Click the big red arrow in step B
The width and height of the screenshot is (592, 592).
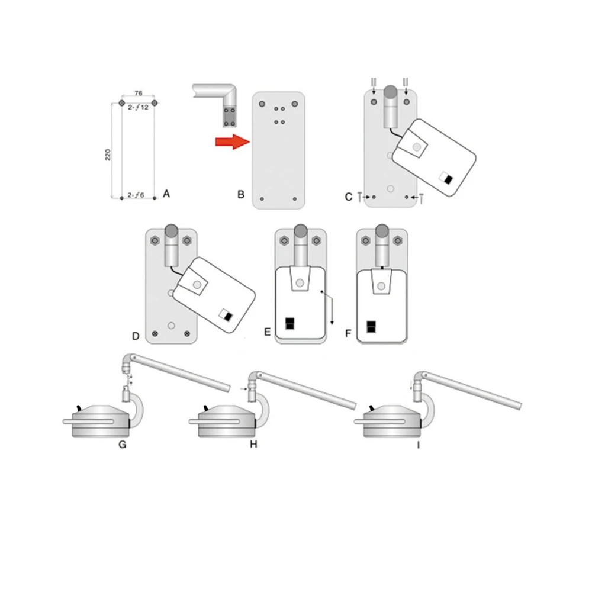233,141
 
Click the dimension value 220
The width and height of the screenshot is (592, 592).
108,155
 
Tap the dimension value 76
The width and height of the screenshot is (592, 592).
138,93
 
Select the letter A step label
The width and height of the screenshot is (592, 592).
166,194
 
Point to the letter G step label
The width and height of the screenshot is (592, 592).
123,445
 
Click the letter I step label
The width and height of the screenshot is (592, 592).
419,445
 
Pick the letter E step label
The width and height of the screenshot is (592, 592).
268,332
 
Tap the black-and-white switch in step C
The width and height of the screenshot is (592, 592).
446,178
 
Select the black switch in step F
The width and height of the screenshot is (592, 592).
371,327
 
